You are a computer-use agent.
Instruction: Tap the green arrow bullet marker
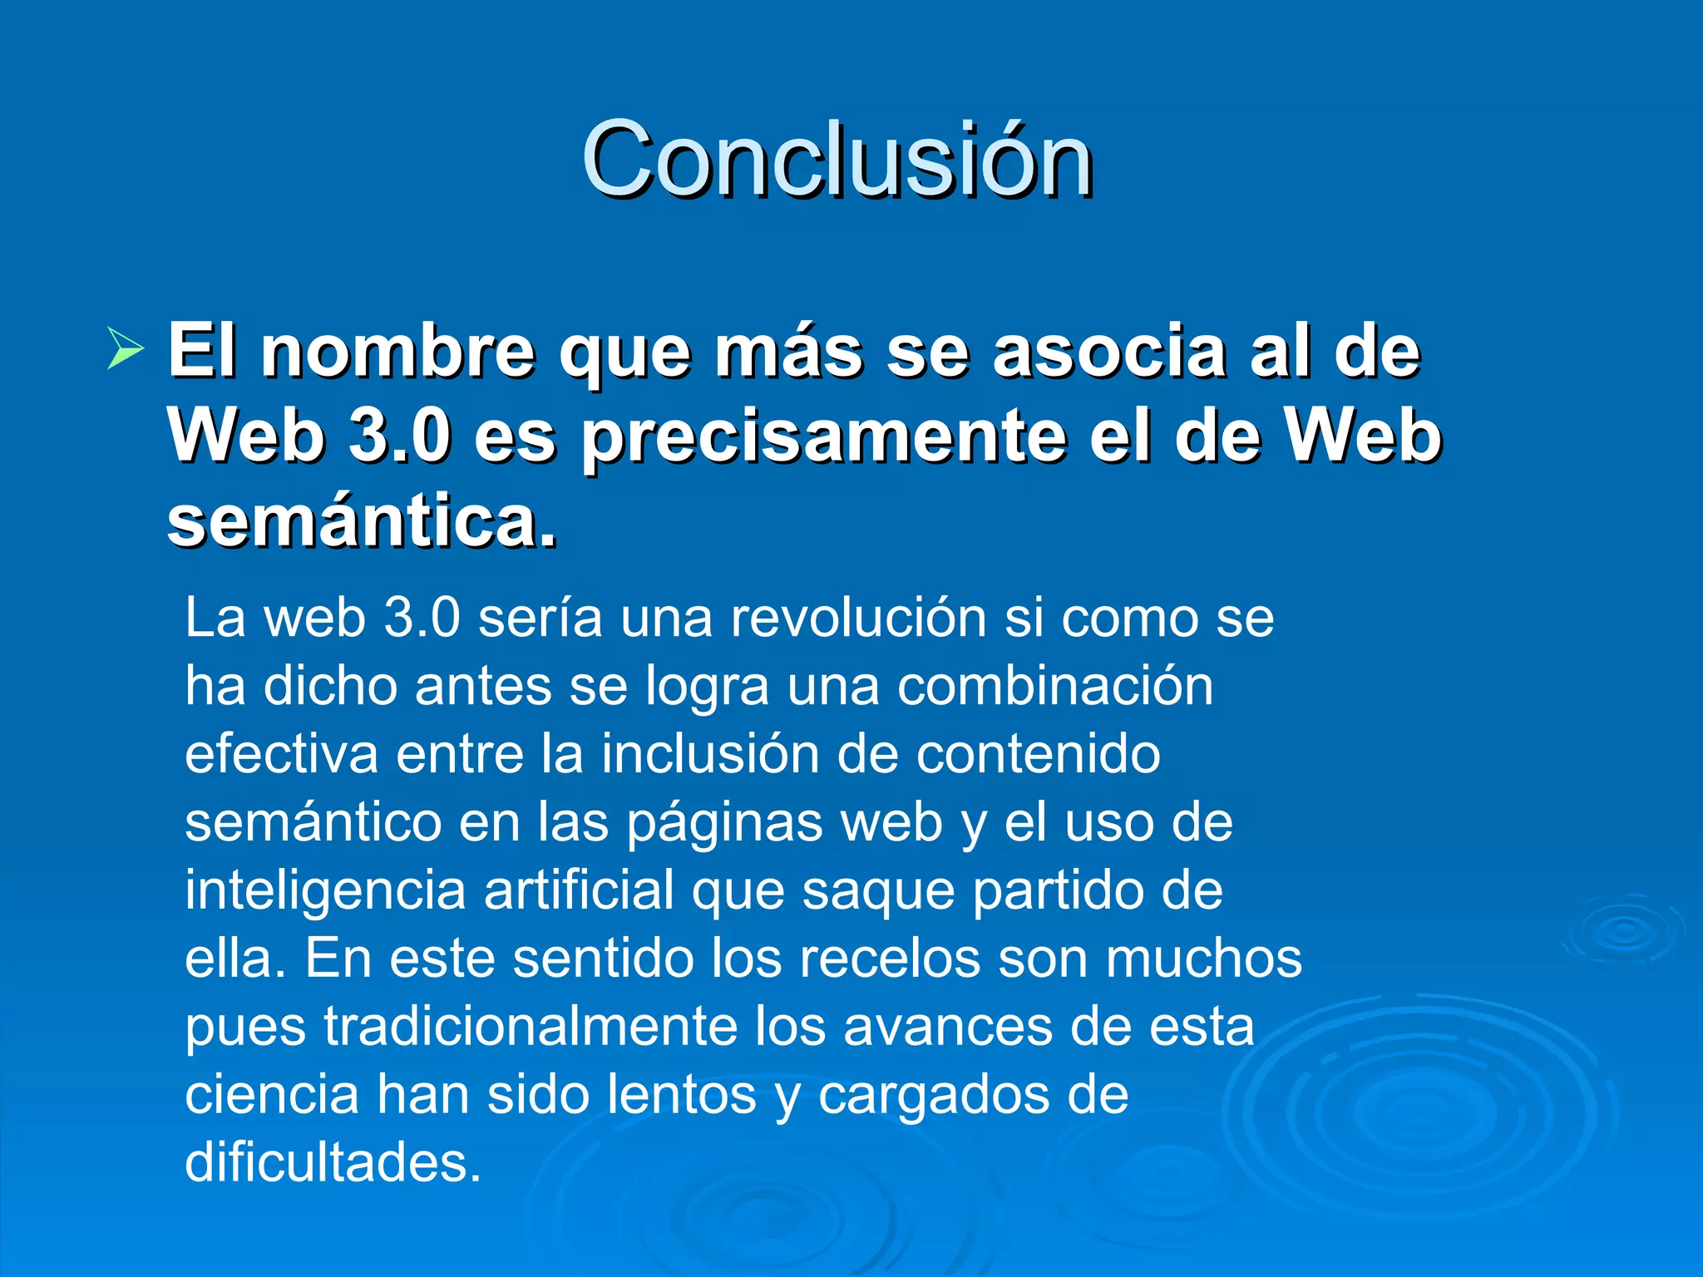pos(126,349)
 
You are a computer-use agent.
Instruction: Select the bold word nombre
pos(398,353)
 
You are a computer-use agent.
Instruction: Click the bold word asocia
pos(1109,353)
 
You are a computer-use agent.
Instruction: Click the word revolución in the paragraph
pos(858,619)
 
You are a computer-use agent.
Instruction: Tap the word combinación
pos(1054,687)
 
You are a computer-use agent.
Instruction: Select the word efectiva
pos(280,755)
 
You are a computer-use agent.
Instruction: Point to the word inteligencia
pos(324,891)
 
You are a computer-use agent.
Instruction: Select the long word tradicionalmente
pos(531,1028)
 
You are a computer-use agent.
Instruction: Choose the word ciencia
pos(271,1096)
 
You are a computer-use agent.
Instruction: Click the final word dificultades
pos(333,1164)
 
